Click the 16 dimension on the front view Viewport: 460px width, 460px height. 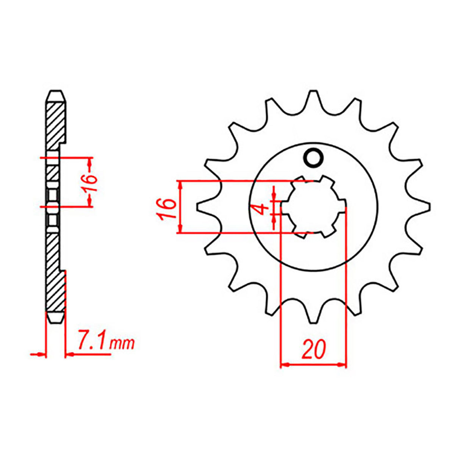[167, 208]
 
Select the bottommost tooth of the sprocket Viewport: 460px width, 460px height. [313, 317]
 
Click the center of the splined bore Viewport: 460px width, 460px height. [313, 207]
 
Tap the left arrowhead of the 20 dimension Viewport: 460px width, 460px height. [284, 365]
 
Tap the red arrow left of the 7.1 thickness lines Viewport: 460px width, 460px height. [38, 355]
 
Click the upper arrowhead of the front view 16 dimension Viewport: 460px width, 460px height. [181, 185]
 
